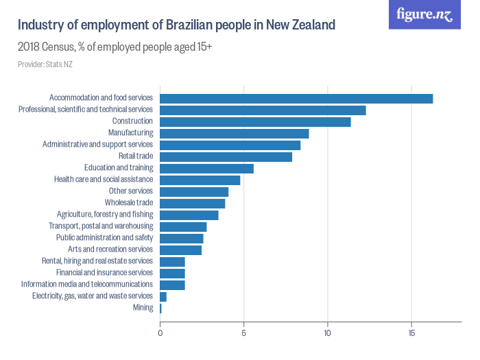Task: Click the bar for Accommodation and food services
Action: click(296, 99)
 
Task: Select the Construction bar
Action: click(255, 122)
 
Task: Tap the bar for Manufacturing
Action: click(235, 134)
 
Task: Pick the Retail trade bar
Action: click(226, 157)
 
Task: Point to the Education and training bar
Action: click(206, 169)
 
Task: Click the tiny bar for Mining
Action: click(160, 309)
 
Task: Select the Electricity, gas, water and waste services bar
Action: click(163, 297)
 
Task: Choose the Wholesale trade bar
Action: click(193, 204)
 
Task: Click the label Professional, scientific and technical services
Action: click(86, 110)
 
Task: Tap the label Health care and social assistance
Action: click(104, 180)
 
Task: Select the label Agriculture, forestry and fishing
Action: click(105, 215)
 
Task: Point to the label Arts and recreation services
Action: click(110, 250)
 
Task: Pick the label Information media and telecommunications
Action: click(87, 285)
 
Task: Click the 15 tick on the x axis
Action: click(411, 333)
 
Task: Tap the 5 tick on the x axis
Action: click(244, 333)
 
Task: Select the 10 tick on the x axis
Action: click(328, 333)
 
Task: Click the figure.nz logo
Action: click(424, 14)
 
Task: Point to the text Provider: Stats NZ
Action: click(45, 64)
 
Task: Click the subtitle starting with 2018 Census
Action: click(115, 47)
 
